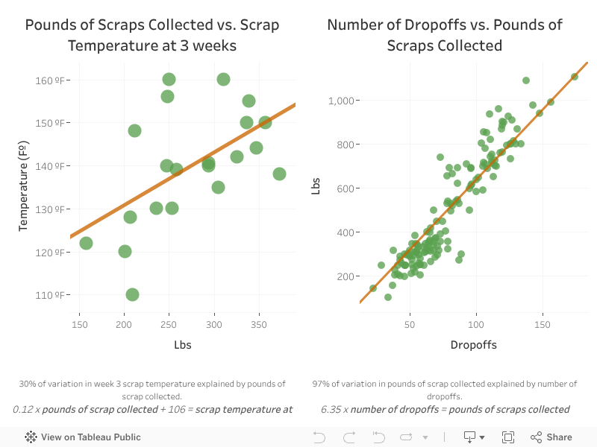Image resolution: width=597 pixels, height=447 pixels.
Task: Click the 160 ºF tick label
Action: (52, 80)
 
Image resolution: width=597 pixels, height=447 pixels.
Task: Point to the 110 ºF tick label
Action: (52, 295)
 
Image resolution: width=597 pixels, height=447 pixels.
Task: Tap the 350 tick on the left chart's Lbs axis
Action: (259, 326)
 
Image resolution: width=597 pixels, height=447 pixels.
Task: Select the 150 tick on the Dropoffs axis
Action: (542, 326)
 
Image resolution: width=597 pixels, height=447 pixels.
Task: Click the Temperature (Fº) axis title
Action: (23, 188)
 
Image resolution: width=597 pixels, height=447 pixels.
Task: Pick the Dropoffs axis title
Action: (473, 345)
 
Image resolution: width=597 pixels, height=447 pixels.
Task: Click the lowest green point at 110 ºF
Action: (132, 294)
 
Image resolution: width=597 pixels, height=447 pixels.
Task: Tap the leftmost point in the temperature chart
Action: (86, 243)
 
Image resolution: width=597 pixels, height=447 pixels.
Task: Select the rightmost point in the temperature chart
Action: (279, 174)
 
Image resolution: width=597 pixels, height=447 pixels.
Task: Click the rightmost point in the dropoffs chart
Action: (574, 77)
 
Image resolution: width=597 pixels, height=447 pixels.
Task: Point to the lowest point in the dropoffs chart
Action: (388, 297)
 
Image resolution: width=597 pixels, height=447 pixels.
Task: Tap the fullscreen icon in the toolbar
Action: (508, 437)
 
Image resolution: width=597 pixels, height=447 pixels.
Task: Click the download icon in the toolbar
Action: (469, 437)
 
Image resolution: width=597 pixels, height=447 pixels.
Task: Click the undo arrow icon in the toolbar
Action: (319, 437)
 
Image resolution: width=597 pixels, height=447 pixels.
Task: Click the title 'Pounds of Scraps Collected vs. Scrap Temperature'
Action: (152, 35)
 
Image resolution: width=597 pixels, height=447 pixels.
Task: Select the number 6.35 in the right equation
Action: (329, 409)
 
